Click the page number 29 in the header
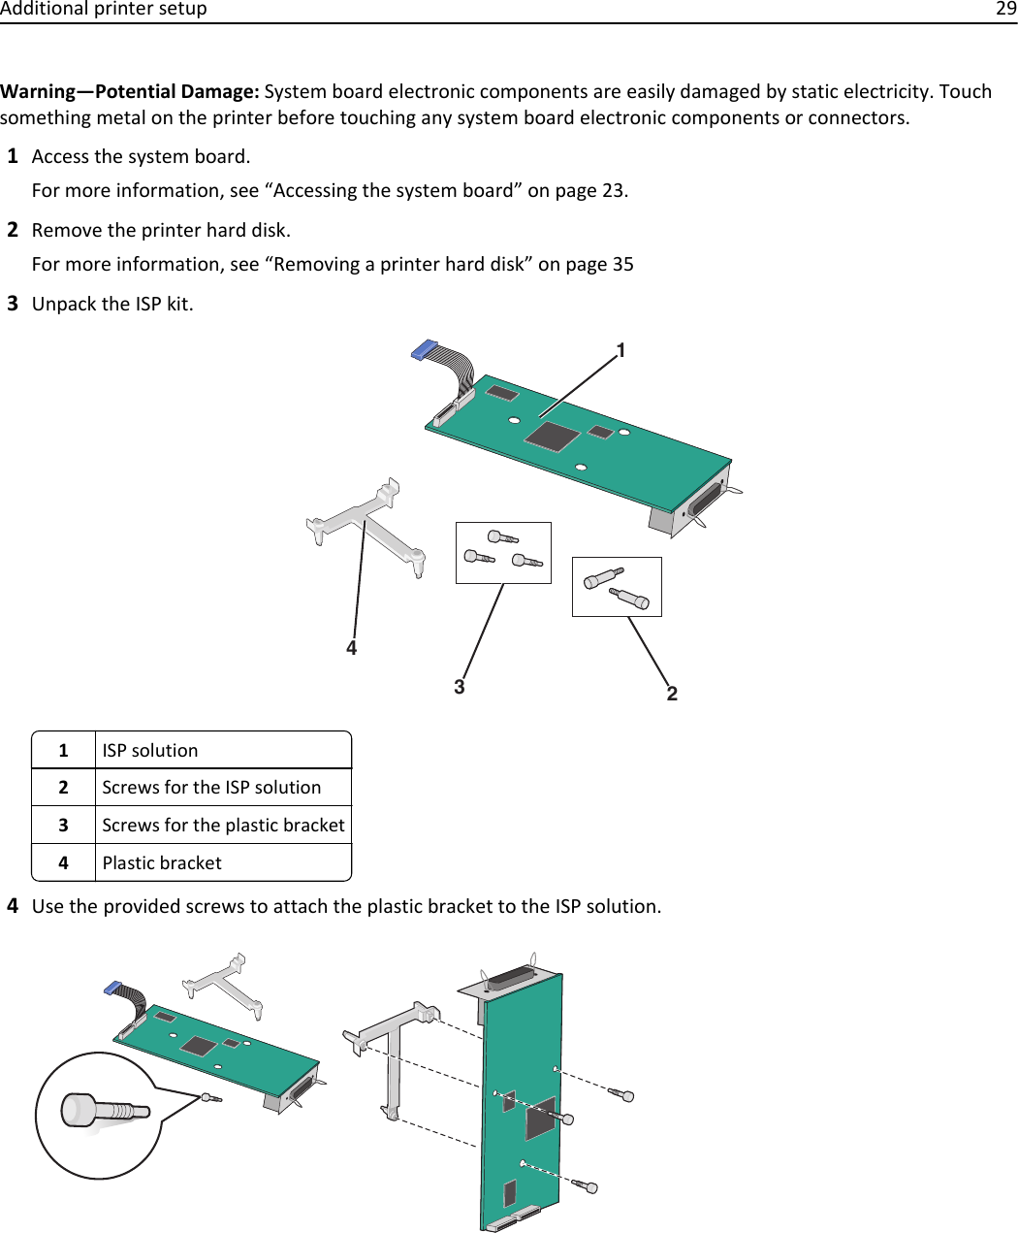[x=1005, y=10]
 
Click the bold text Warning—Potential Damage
[x=129, y=92]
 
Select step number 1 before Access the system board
[x=14, y=156]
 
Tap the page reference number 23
[x=613, y=191]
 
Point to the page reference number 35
[x=622, y=265]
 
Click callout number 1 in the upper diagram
[x=620, y=350]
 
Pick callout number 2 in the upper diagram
[x=672, y=694]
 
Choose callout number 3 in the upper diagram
[x=460, y=687]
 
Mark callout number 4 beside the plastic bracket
[x=352, y=648]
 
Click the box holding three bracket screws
[x=503, y=553]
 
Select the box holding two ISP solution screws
[x=617, y=587]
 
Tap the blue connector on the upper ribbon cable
[x=425, y=350]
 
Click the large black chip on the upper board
[x=552, y=437]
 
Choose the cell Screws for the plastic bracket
[x=223, y=826]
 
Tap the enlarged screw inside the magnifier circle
[x=103, y=1111]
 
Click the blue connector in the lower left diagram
[x=113, y=989]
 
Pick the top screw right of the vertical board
[x=621, y=1094]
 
